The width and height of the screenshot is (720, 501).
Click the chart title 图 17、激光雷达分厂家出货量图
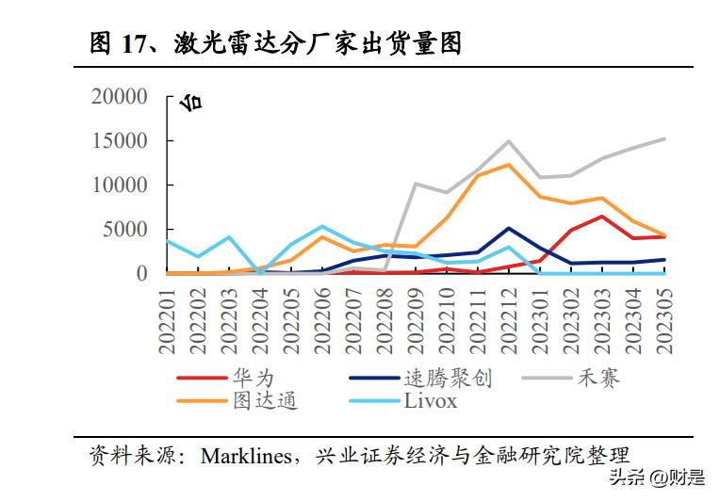point(275,42)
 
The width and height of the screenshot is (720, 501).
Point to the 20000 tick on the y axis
point(120,96)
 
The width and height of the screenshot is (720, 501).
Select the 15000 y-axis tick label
point(120,140)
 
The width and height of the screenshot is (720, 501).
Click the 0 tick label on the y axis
point(142,273)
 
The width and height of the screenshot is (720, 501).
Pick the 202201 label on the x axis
point(168,320)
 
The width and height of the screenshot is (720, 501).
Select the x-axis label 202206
point(322,320)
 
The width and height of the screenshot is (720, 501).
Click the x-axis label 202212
point(509,320)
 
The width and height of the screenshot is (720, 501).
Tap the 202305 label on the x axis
point(663,320)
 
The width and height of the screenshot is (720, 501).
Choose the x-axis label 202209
point(416,320)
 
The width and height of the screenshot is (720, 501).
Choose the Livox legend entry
point(430,400)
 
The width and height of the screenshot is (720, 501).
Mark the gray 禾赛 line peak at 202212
point(509,141)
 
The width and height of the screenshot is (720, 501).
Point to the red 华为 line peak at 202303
point(601,217)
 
